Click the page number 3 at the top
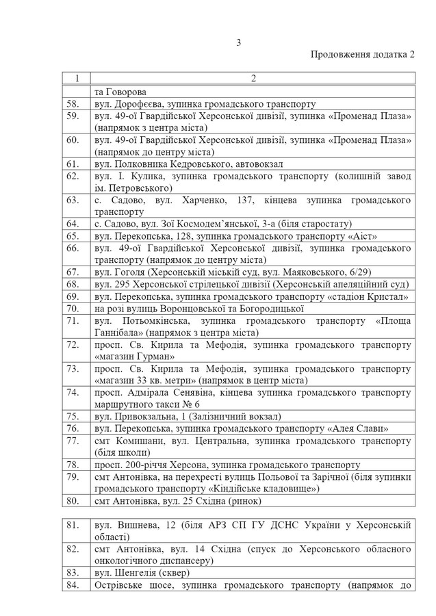click(239, 42)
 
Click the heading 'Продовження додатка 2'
click(362, 55)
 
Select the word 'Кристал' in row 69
click(391, 296)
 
